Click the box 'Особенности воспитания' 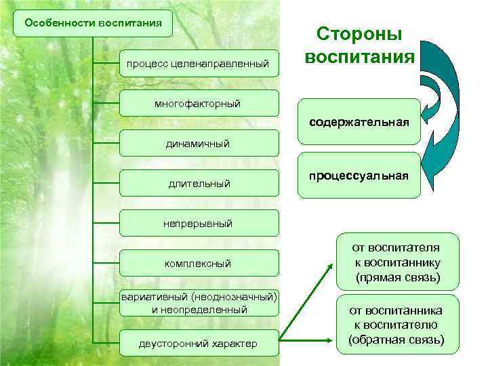click(93, 22)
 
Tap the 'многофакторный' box click(199, 103)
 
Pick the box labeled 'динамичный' click(199, 144)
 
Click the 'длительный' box click(199, 184)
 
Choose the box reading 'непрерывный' click(199, 223)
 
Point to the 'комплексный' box click(199, 263)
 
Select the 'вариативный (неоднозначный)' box click(199, 297)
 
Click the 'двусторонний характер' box click(199, 344)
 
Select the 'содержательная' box click(359, 123)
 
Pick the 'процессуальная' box click(359, 176)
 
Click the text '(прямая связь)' click(397, 278)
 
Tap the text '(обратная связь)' click(397, 340)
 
